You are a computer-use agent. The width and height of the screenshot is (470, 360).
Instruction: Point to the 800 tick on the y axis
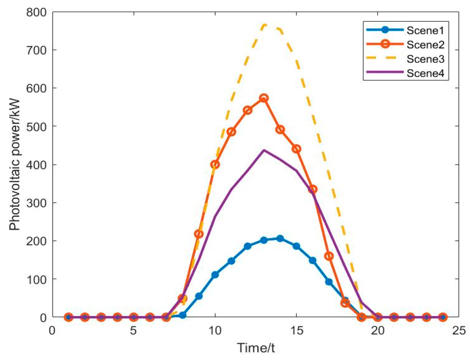pos(36,12)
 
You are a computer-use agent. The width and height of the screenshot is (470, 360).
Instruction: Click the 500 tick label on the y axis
pos(36,127)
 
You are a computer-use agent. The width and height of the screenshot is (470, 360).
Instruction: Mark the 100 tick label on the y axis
pos(36,279)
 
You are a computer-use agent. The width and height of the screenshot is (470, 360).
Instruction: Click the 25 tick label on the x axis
pos(459,331)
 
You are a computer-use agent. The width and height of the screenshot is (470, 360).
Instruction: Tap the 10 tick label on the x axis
pos(215,331)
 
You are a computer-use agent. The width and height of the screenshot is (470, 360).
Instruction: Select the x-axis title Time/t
pos(256,348)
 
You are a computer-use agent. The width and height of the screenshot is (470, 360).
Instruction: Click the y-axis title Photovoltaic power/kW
pos(15,165)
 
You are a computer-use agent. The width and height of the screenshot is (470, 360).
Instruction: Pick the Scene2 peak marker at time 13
pos(264,98)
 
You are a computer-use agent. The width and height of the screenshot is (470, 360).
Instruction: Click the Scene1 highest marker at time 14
pos(280,239)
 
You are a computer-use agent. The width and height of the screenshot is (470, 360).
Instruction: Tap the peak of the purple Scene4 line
pos(264,150)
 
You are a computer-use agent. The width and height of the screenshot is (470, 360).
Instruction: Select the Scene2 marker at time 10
pos(215,165)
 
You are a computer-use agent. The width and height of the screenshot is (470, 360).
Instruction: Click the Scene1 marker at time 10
pos(215,275)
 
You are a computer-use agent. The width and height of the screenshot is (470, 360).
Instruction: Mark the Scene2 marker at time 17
pos(329,256)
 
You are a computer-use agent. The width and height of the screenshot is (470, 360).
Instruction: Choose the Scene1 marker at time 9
pos(199,296)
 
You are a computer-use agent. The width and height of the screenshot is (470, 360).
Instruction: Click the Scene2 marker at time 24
pos(443,317)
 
